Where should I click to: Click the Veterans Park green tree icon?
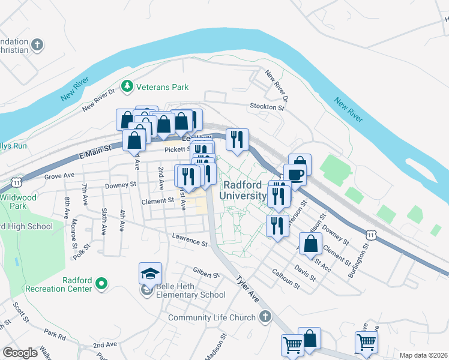tap(127, 87)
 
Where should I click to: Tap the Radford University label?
tap(243, 190)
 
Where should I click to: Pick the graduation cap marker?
tap(150, 273)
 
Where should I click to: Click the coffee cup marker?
tap(295, 175)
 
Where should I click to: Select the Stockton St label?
tap(267, 106)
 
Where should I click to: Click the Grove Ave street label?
tap(59, 176)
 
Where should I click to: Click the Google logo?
tap(20, 353)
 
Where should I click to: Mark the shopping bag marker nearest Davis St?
tap(310, 244)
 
